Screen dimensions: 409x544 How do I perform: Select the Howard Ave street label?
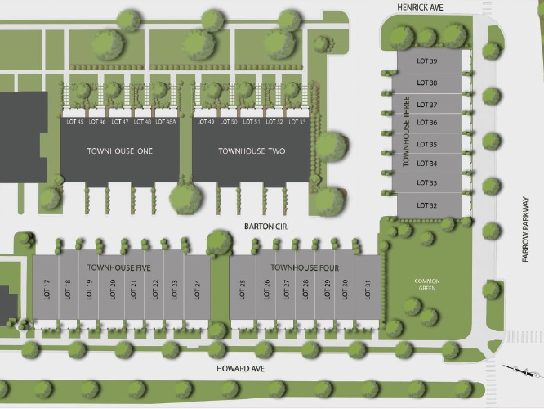click(241, 369)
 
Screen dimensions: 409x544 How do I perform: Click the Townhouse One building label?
click(119, 151)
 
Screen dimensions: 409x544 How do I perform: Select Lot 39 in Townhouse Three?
click(427, 61)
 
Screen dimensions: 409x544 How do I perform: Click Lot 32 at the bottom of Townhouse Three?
click(427, 204)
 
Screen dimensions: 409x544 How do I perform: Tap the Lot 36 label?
click(427, 123)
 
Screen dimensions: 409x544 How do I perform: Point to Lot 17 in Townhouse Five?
click(47, 289)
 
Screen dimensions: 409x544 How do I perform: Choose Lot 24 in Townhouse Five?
click(197, 289)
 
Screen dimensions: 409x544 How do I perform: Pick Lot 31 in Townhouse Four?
click(368, 289)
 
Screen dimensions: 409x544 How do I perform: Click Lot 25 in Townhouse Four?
click(243, 289)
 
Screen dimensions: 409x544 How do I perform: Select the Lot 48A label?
click(166, 122)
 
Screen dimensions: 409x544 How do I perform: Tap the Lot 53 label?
click(297, 122)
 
